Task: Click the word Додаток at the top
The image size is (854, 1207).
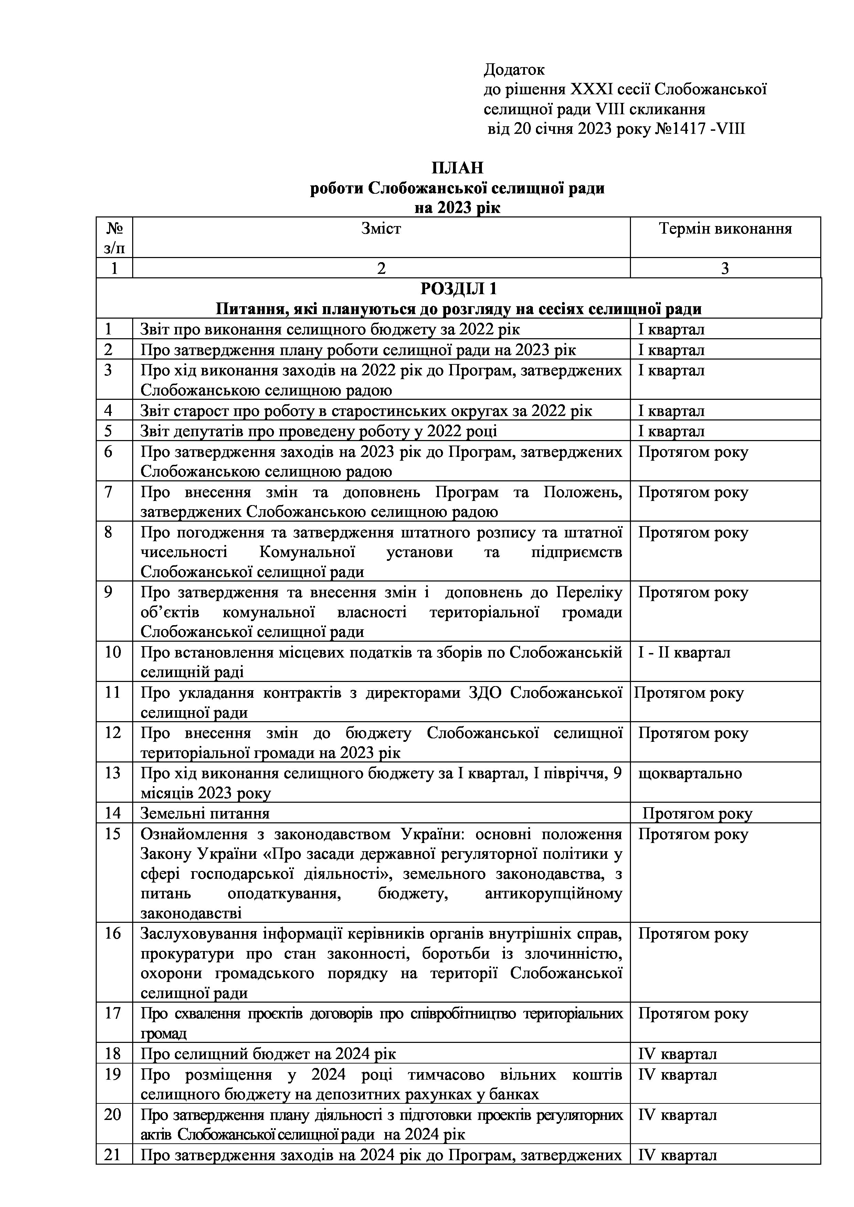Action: [x=514, y=70]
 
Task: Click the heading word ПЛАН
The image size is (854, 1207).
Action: [x=457, y=168]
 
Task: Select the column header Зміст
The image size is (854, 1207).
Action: [x=381, y=229]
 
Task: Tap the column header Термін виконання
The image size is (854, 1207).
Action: [x=725, y=229]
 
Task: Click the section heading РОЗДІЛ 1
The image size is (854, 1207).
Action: [x=458, y=289]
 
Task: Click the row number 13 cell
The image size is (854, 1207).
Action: [x=113, y=773]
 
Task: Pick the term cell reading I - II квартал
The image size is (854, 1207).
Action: [x=684, y=652]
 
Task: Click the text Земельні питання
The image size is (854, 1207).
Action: [x=205, y=814]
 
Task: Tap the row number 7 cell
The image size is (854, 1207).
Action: [x=108, y=493]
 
